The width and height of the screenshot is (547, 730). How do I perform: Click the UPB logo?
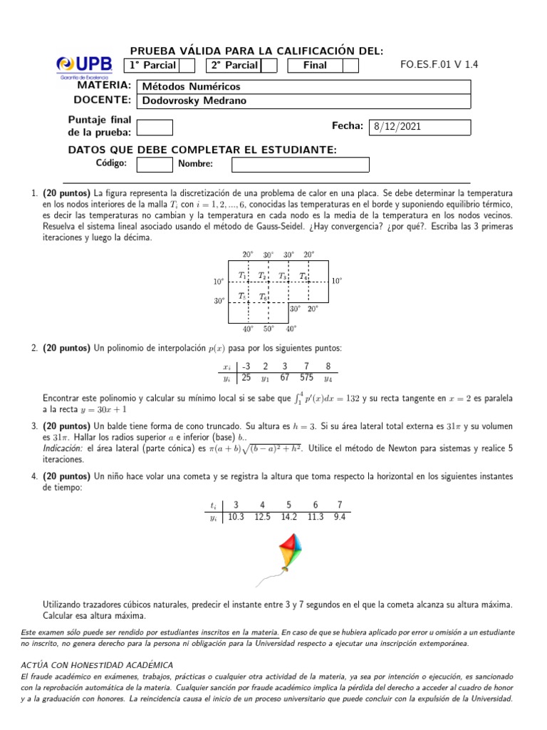coord(83,66)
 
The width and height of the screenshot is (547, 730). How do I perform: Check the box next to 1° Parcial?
coord(187,66)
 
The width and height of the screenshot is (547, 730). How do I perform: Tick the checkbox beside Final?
coord(350,66)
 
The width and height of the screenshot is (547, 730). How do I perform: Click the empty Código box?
coord(154,164)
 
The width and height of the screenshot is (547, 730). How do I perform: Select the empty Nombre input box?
coord(300,164)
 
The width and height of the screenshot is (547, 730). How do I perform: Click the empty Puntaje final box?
coord(154,127)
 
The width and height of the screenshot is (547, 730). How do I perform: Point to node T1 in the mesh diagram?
coord(243,275)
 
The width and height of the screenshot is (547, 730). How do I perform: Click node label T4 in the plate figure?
coord(303,275)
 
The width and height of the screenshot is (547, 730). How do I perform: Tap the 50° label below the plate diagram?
coord(269,329)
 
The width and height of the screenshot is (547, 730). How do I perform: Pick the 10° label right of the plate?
coord(336,281)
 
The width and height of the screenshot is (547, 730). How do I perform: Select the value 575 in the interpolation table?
coord(307,377)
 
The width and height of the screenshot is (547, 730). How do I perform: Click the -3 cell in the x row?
coord(246,366)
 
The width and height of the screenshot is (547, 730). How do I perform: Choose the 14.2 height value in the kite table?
coord(288,518)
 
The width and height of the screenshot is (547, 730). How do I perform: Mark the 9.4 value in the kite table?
coord(339,518)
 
